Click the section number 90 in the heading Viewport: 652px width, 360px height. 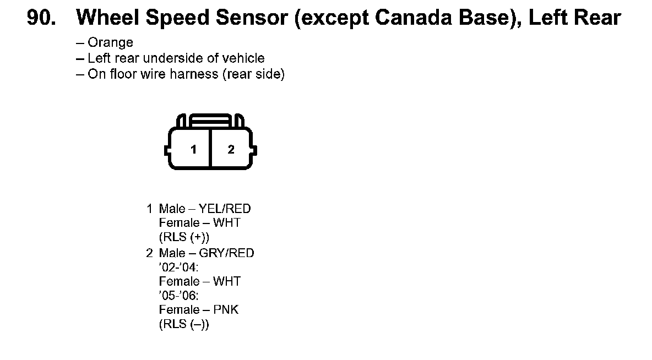coord(42,18)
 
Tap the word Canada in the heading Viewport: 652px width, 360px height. coord(413,18)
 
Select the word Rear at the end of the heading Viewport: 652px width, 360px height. coord(598,18)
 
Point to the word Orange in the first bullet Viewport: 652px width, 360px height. coord(110,42)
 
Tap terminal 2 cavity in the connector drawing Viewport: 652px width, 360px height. coord(231,149)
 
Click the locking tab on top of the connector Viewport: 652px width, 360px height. coord(210,120)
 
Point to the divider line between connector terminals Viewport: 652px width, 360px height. coord(211,149)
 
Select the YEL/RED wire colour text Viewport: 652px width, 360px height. coord(225,209)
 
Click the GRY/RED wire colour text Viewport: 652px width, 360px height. coord(226,253)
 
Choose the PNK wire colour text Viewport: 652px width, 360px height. coord(226,310)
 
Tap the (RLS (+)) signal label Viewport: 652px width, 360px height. coord(184,237)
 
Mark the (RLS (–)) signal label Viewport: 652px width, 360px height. coord(184,324)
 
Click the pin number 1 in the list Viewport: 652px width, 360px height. coord(150,209)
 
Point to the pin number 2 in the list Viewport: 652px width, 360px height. coord(150,253)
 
